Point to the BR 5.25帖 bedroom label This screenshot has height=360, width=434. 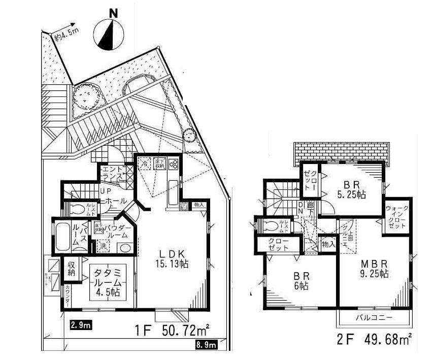350,188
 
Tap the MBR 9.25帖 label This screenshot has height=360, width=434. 375,269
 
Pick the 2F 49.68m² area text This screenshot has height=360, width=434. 373,339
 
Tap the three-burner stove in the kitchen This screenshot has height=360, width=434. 173,164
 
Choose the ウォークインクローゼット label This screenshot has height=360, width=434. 396,217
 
